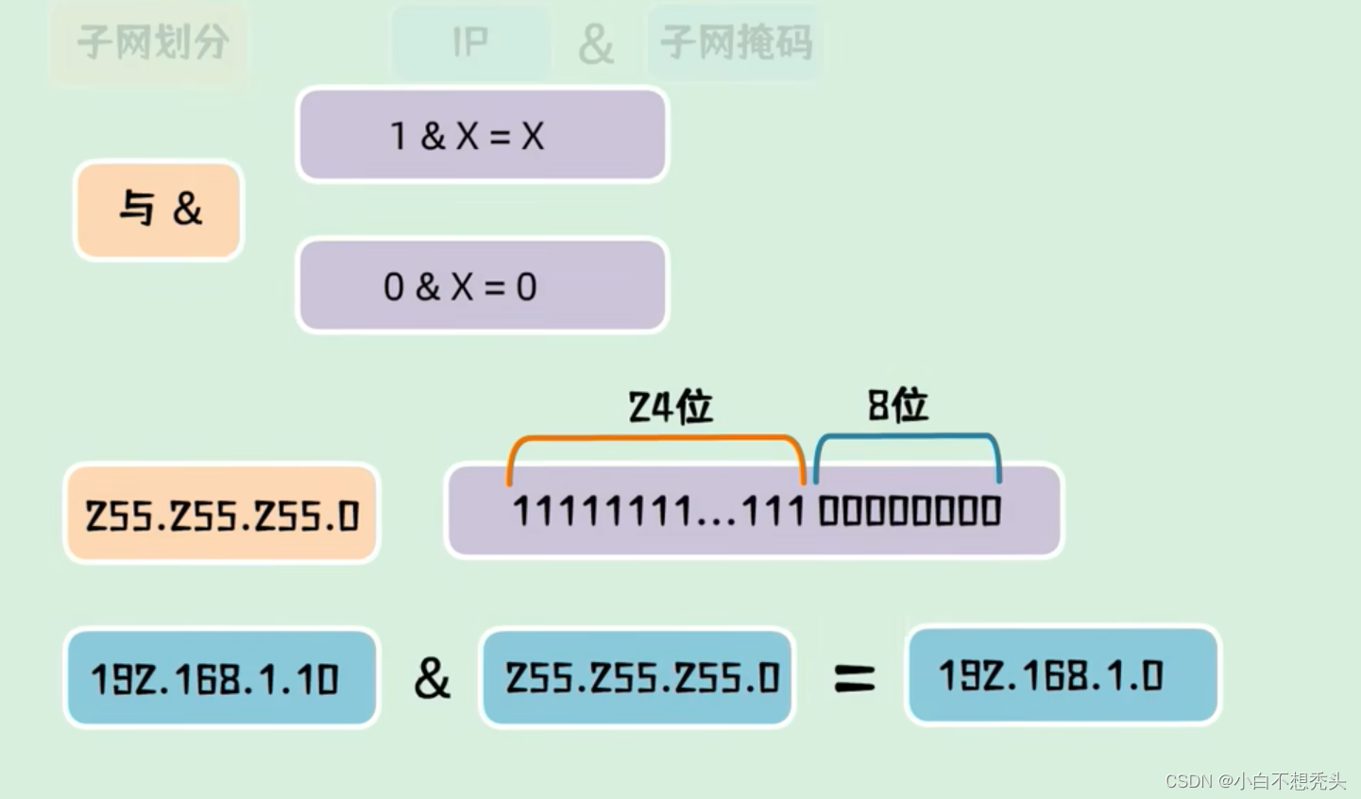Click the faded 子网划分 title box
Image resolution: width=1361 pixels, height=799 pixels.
pyautogui.click(x=151, y=42)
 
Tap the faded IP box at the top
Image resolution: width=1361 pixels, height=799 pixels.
pyautogui.click(x=469, y=42)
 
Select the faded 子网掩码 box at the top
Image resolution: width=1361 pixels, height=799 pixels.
pyautogui.click(x=736, y=42)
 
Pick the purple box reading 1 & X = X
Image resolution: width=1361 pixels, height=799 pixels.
pyautogui.click(x=482, y=136)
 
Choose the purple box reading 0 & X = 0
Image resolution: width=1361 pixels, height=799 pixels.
pyautogui.click(x=482, y=286)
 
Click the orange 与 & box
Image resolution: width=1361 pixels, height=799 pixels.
pyautogui.click(x=159, y=210)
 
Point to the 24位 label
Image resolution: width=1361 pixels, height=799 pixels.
pyautogui.click(x=671, y=407)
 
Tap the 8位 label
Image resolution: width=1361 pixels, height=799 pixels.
pyautogui.click(x=897, y=405)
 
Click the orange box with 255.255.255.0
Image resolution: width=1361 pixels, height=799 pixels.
pyautogui.click(x=222, y=515)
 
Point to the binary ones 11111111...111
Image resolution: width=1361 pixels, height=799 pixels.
pyautogui.click(x=657, y=512)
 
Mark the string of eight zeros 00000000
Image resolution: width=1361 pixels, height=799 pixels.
pyautogui.click(x=910, y=512)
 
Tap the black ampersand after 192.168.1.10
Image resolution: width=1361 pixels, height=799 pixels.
pyautogui.click(x=432, y=678)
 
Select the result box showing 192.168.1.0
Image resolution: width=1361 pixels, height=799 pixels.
pyautogui.click(x=1063, y=675)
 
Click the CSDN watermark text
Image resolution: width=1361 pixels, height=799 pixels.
pyautogui.click(x=1255, y=780)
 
